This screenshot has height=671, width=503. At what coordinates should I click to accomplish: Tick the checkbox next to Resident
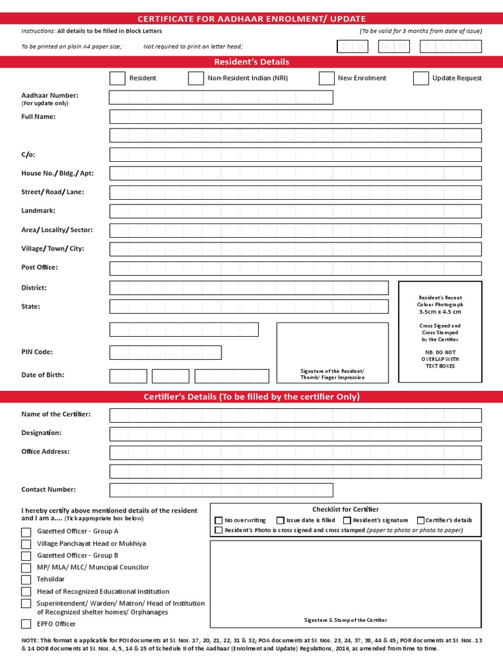coord(117,78)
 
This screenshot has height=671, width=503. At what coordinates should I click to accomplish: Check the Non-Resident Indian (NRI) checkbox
coord(196,78)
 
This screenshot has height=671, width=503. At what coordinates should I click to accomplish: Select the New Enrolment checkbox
coord(326,78)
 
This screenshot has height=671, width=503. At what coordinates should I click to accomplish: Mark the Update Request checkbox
coord(421,78)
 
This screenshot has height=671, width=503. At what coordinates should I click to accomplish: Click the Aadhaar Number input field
coord(221,98)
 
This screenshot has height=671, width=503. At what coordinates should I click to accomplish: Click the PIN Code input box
coord(166,353)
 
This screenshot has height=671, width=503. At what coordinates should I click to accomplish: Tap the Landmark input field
coord(295,211)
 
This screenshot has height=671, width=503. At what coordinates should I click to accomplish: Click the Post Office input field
coord(295,268)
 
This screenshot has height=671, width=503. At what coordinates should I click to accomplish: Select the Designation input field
coord(295,434)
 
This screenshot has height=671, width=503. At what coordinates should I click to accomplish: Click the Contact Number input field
coord(221,490)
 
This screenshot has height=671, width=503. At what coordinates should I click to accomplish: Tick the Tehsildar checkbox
coord(26,580)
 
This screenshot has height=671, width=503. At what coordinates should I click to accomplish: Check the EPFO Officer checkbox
coord(26,624)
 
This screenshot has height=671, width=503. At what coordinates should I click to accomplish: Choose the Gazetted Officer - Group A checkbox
coord(26,532)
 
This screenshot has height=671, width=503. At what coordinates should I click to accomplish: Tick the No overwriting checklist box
coord(219,520)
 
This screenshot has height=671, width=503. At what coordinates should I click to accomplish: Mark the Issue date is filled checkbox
coord(280,520)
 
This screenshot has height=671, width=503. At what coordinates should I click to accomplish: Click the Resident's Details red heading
coord(251,62)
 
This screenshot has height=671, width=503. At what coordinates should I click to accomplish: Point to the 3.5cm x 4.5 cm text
coord(439,312)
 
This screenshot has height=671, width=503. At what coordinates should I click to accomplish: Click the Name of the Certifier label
coord(56,414)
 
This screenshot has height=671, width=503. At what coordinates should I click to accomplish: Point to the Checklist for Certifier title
coord(345,509)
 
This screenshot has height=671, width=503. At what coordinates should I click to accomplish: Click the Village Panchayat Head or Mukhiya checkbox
coord(26,544)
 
